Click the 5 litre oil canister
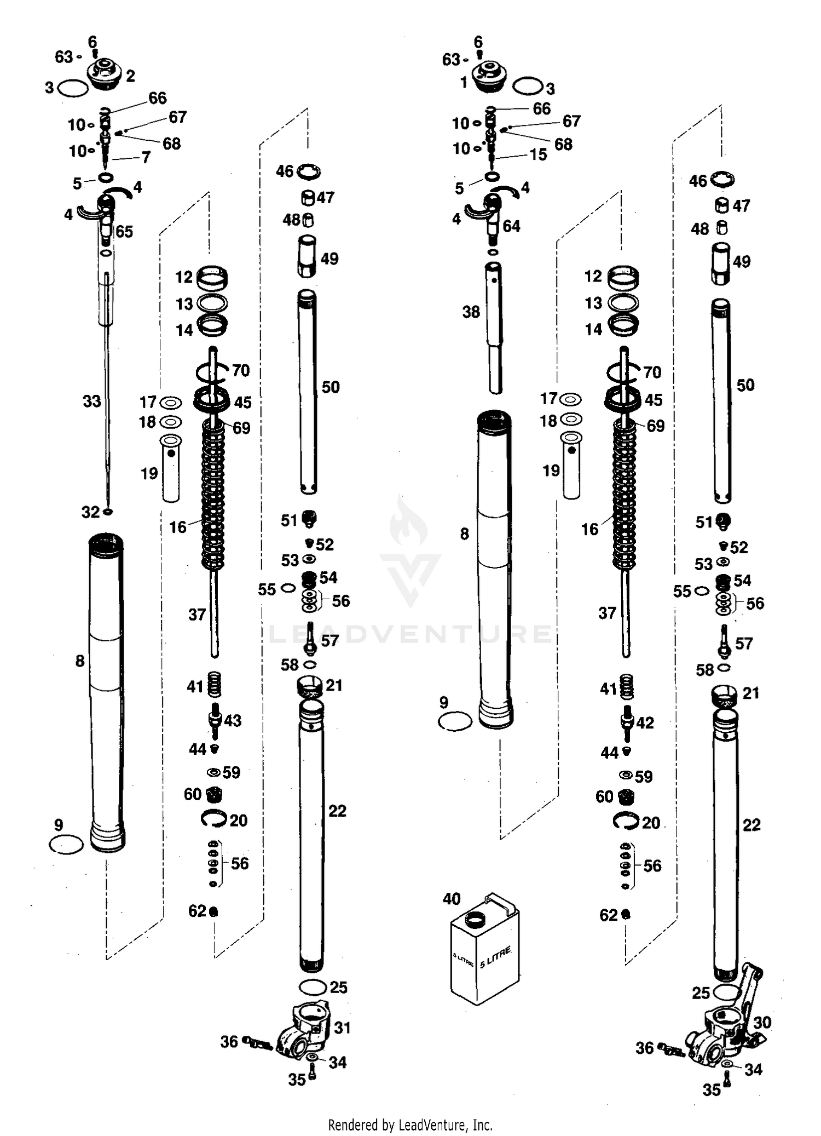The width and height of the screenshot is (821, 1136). tap(485, 953)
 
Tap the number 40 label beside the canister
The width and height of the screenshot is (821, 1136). tap(452, 899)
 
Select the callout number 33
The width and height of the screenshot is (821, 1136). tap(92, 401)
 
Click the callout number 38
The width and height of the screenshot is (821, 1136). tap(471, 312)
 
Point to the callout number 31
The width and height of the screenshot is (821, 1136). tap(342, 1028)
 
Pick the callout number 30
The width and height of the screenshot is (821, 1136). tap(762, 1022)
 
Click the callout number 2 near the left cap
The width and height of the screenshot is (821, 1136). tap(130, 76)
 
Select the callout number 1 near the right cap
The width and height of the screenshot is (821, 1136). tap(464, 83)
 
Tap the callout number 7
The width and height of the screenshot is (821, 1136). tap(146, 158)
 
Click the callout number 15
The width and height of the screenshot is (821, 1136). tap(538, 154)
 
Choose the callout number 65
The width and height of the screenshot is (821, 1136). tap(124, 232)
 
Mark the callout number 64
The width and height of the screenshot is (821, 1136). tap(511, 226)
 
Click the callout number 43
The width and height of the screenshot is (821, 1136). tap(233, 720)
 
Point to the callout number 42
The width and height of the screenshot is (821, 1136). tap(645, 723)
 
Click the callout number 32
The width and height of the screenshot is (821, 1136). tap(90, 512)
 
